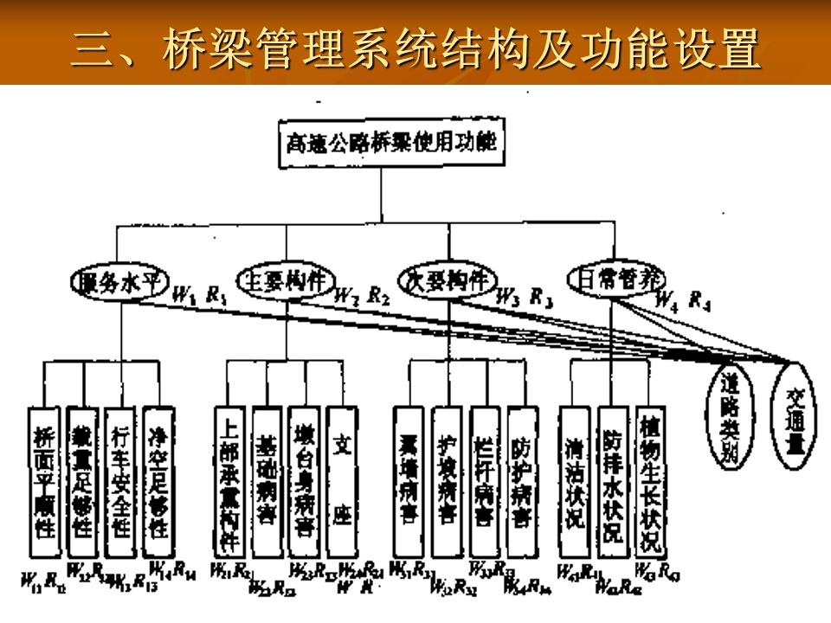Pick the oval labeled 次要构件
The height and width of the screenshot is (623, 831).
coord(447,281)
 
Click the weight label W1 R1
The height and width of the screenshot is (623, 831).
coord(200,294)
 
